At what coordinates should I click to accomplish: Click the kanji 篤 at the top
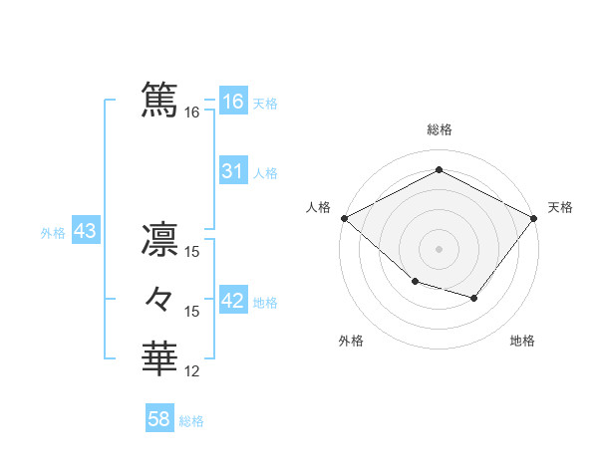point(159,101)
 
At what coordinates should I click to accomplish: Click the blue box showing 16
point(232,102)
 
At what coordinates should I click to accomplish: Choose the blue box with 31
point(232,171)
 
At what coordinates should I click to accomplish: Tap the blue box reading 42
point(232,301)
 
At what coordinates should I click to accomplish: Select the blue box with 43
point(85,232)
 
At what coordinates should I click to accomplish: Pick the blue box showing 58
point(158,419)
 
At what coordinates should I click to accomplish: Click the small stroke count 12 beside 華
point(192,371)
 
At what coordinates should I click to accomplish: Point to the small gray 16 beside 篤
point(192,113)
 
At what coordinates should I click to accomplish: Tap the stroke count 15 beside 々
point(192,312)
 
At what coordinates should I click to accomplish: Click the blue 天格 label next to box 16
point(265,103)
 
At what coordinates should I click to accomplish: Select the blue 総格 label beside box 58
point(191,421)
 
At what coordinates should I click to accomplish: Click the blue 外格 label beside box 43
point(53,233)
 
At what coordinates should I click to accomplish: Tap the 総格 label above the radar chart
point(439,129)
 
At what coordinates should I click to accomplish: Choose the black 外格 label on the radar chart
point(351,341)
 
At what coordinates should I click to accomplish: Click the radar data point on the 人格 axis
point(344,217)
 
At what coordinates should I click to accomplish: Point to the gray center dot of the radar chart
point(439,248)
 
